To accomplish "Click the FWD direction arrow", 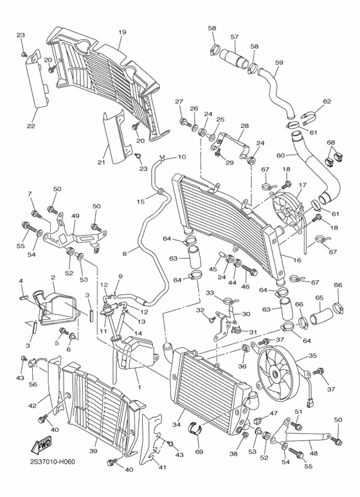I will (43, 444).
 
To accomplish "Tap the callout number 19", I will (122, 32).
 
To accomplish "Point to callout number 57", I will (234, 37).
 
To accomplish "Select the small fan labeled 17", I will (288, 210).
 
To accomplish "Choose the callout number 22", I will (30, 126).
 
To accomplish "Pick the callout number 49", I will (75, 216).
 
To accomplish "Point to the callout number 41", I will (162, 467).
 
